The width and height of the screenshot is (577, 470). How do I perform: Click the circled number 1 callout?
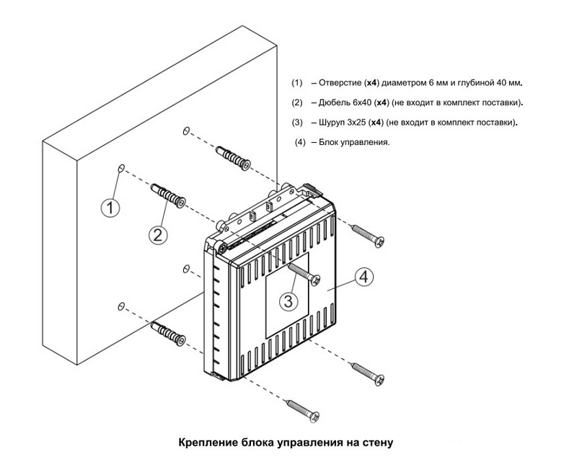coord(109,208)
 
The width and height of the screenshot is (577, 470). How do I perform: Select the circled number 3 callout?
coord(288,301)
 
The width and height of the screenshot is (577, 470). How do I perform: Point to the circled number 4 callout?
coord(364,276)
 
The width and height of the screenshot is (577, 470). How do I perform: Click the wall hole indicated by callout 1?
coord(121,168)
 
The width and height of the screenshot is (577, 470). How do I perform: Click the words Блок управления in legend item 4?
coord(354,142)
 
